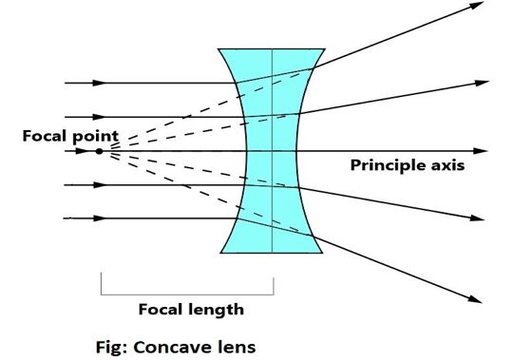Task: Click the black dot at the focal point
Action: (99, 151)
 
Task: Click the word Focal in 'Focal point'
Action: (43, 136)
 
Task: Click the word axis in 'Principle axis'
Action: (446, 165)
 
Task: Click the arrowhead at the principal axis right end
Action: (482, 151)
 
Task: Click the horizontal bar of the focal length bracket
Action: (186, 294)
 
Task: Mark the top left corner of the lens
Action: (218, 48)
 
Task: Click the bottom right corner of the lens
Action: (325, 254)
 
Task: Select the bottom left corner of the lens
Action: (219, 254)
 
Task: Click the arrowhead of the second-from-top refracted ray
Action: (477, 83)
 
